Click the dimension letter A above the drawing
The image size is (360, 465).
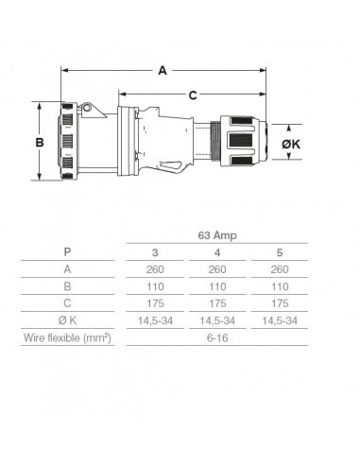click(164, 69)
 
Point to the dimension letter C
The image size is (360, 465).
click(193, 94)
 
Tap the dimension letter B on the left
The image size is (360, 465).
click(40, 142)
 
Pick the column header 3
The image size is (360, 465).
click(156, 252)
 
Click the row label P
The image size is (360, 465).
click(66, 252)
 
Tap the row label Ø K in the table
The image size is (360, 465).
click(66, 319)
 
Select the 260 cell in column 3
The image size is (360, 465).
click(156, 269)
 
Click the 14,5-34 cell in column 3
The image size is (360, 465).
click(156, 319)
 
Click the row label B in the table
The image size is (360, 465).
click(66, 286)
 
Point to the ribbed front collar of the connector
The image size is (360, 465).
click(70, 142)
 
